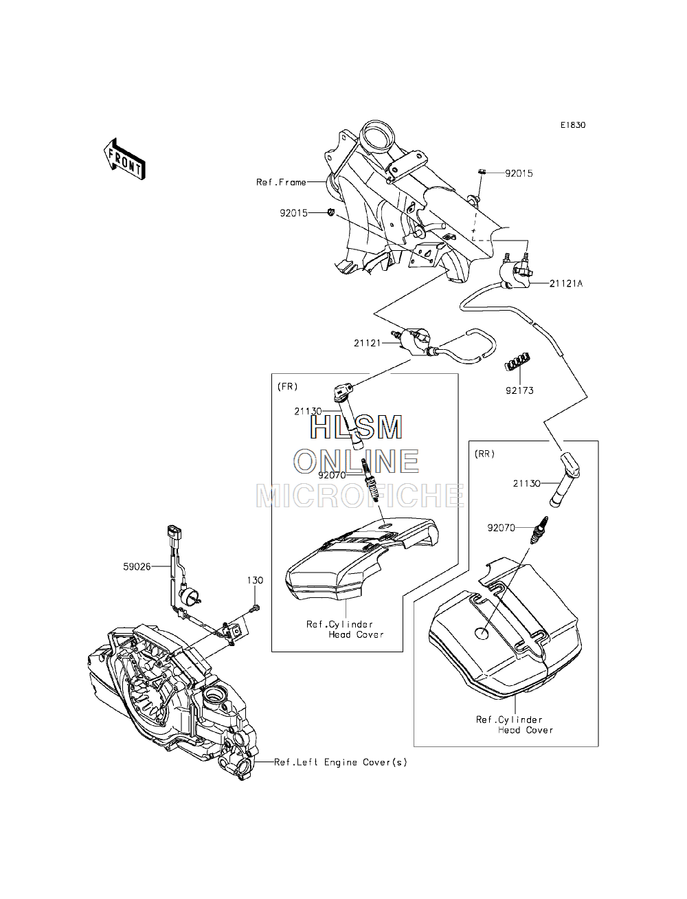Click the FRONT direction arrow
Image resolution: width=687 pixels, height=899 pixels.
click(x=124, y=159)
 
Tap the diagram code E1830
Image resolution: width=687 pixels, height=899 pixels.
click(x=573, y=125)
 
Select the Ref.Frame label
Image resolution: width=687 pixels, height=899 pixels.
click(x=281, y=182)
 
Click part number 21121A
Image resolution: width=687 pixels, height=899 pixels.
click(x=566, y=283)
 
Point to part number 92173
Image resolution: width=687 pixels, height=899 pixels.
click(x=519, y=390)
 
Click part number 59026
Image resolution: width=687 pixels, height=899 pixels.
click(x=137, y=567)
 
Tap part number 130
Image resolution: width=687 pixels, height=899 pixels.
click(x=255, y=580)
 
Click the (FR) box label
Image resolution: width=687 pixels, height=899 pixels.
click(x=287, y=387)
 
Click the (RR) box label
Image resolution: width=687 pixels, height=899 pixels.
click(x=484, y=454)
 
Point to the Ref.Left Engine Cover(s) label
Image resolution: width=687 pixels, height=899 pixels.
click(x=341, y=762)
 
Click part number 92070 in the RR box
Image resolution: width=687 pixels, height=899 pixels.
click(x=501, y=528)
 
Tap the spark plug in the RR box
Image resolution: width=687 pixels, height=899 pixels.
click(x=539, y=530)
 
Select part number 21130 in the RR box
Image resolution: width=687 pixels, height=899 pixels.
click(x=527, y=484)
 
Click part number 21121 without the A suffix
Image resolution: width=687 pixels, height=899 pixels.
click(x=368, y=343)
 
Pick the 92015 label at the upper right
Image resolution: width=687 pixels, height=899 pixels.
click(x=519, y=174)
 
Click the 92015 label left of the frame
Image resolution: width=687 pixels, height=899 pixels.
click(x=293, y=213)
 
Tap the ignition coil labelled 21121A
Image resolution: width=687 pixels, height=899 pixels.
click(x=516, y=274)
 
